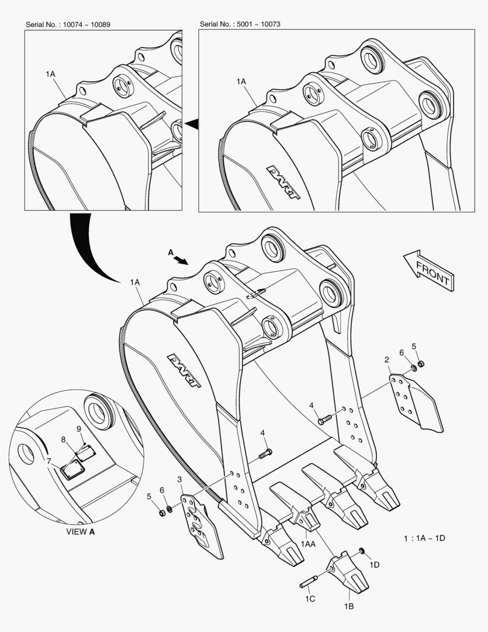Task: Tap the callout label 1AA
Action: click(x=308, y=544)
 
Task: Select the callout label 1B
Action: click(x=349, y=607)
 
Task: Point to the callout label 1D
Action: click(x=375, y=565)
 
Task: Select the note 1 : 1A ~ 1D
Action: click(x=424, y=538)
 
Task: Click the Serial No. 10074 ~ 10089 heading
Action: click(x=68, y=25)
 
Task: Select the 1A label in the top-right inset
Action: click(x=241, y=83)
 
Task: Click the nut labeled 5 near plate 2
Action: click(x=421, y=364)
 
